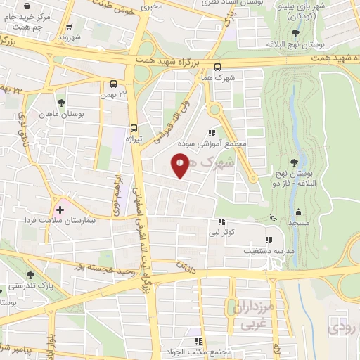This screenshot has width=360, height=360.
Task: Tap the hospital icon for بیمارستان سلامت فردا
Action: (60, 209)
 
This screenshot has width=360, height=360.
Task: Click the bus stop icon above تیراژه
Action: (134, 128)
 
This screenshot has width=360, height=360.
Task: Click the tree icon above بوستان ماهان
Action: (61, 103)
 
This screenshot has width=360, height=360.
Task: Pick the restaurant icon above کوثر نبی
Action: (221, 221)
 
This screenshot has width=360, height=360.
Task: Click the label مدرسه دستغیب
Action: (267, 250)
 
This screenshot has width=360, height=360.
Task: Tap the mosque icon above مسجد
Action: (298, 212)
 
